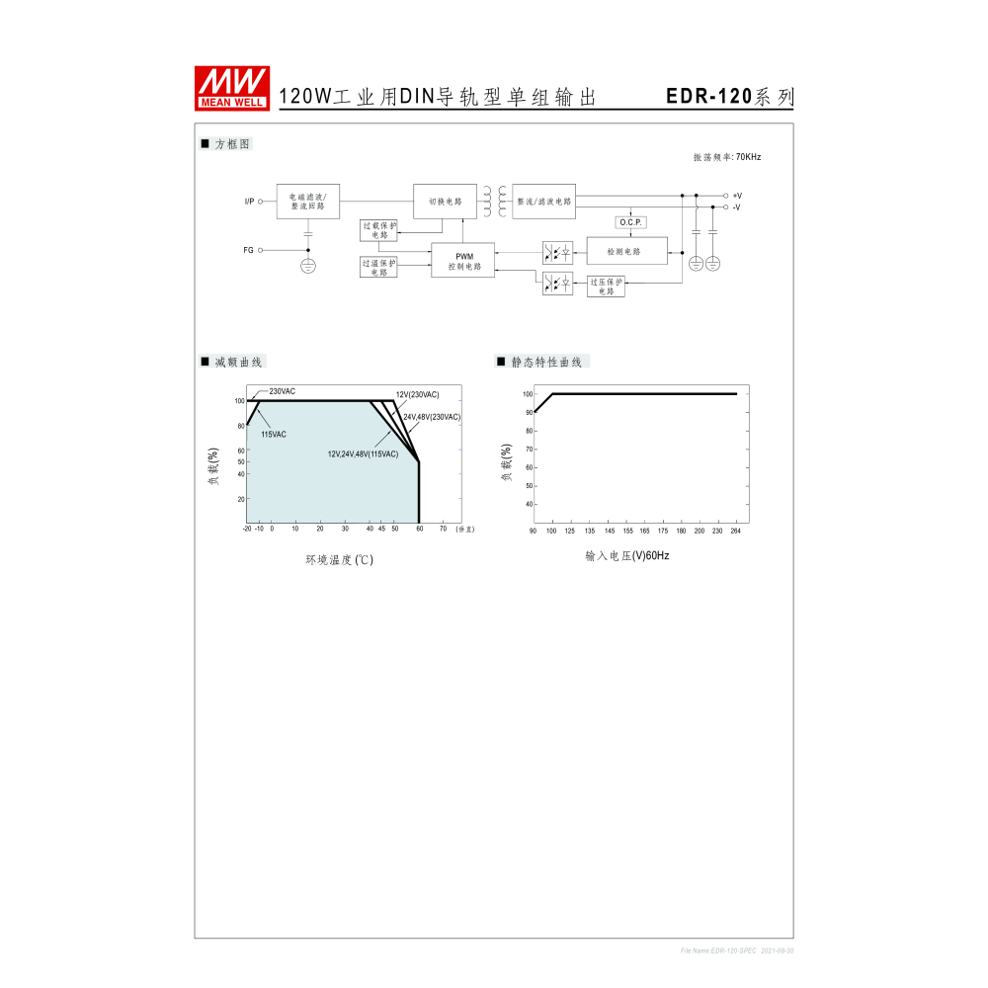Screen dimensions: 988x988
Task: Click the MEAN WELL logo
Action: tap(232, 87)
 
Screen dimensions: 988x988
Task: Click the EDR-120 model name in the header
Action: tap(708, 97)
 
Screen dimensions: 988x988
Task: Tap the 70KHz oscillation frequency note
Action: tap(727, 157)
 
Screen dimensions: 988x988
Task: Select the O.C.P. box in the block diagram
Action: tap(630, 222)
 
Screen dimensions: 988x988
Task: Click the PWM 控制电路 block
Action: tap(463, 261)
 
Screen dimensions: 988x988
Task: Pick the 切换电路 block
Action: tap(445, 202)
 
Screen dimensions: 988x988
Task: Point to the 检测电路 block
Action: tap(625, 252)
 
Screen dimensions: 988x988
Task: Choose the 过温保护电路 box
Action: tap(378, 267)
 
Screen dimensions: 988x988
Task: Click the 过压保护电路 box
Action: tap(606, 286)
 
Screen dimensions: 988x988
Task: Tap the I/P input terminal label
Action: tap(249, 202)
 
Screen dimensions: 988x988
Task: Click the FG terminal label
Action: tap(249, 250)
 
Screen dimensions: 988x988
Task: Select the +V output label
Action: tap(737, 196)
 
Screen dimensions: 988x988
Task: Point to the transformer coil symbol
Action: tap(494, 201)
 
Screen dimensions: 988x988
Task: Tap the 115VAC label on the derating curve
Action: tap(274, 435)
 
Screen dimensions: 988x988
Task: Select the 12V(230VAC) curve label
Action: tap(417, 394)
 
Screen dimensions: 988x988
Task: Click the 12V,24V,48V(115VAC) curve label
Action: tap(363, 453)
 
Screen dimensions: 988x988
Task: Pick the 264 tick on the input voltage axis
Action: tap(735, 531)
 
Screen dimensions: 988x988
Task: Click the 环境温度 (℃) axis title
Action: tap(339, 560)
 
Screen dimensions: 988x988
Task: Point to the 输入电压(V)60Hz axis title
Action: tap(626, 556)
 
